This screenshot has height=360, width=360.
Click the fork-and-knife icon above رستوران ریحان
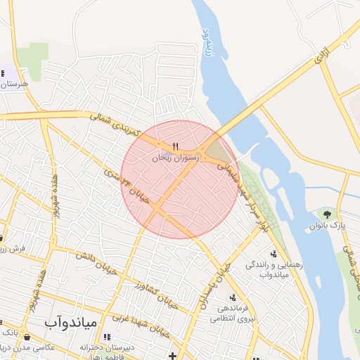(x=176, y=146)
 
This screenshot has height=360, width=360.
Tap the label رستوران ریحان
(x=176, y=159)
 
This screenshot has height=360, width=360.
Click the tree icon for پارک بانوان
(x=326, y=214)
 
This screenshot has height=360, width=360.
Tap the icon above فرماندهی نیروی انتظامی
(x=232, y=297)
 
